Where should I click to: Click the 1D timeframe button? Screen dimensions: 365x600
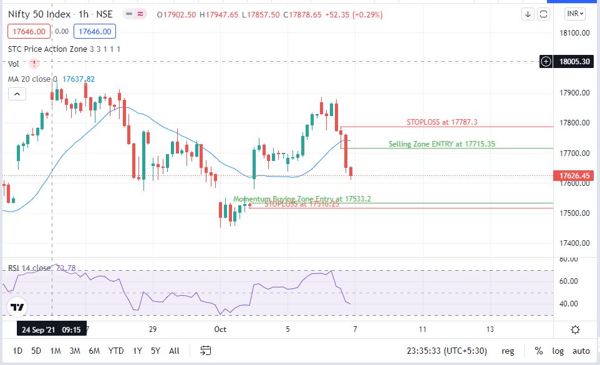(17, 351)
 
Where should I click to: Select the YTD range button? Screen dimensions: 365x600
(115, 351)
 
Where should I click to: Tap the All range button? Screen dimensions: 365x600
(174, 351)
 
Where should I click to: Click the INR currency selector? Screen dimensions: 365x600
(574, 14)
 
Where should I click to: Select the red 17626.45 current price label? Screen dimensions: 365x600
(574, 177)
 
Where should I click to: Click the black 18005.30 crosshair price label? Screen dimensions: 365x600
(574, 61)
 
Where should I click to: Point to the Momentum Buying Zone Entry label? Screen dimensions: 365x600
(302, 199)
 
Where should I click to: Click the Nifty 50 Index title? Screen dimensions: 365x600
(39, 14)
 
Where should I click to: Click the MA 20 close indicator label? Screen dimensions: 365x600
(32, 79)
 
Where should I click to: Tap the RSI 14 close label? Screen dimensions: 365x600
(29, 268)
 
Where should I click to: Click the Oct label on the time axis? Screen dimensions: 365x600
(220, 329)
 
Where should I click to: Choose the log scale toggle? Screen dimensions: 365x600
(557, 351)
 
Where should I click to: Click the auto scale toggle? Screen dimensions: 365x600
(581, 351)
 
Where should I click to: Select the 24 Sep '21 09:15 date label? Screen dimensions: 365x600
(51, 329)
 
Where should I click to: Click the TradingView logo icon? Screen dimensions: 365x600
(17, 307)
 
